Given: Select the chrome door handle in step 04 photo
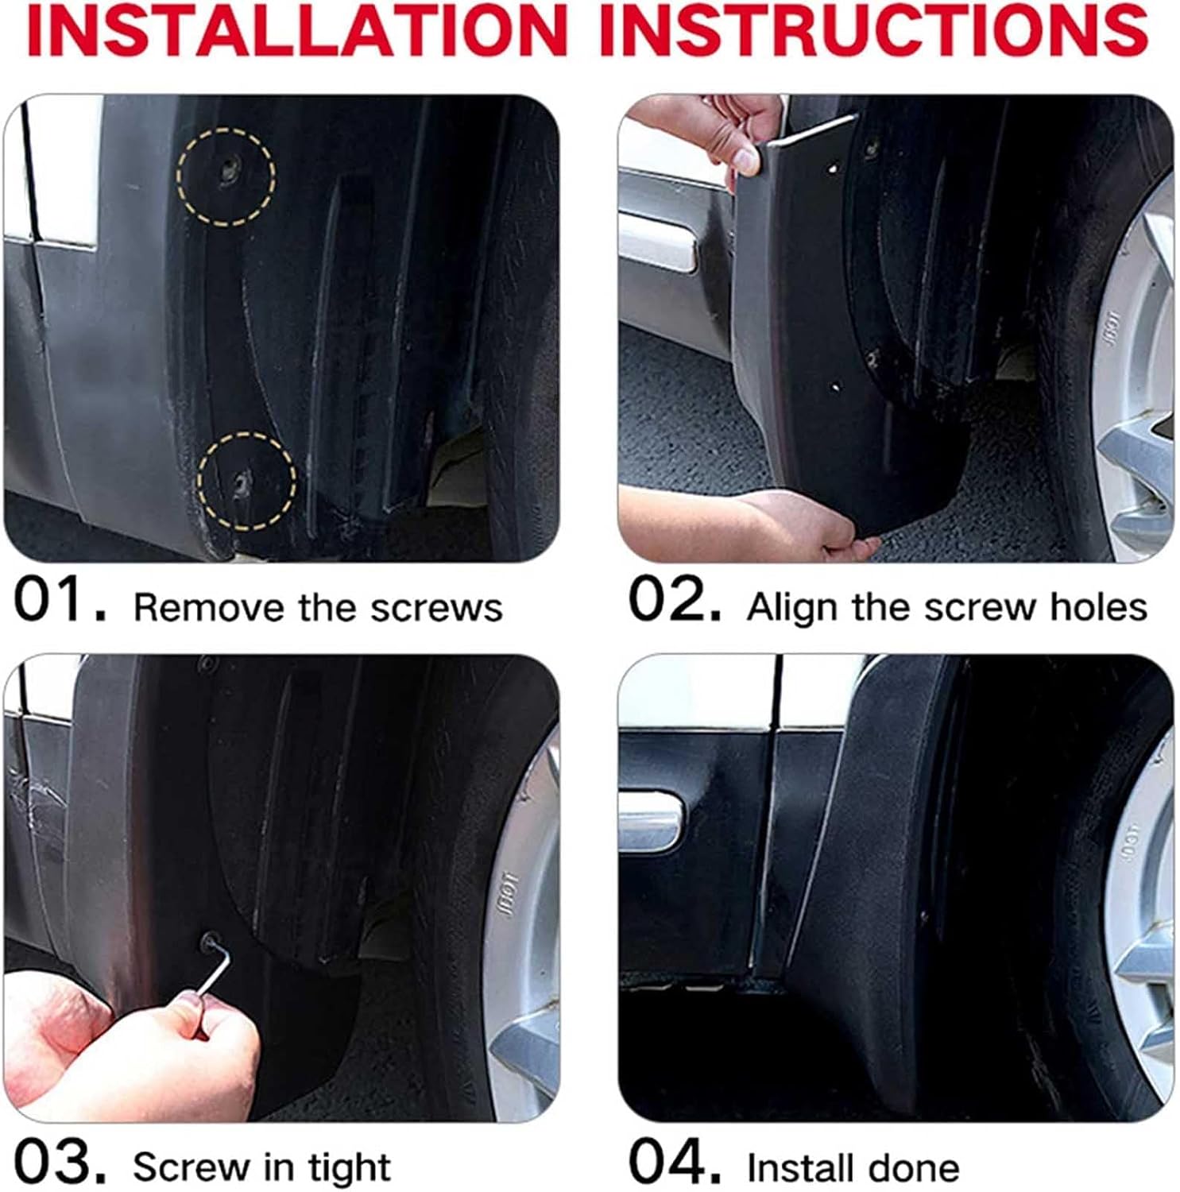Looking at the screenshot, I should (x=650, y=822).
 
